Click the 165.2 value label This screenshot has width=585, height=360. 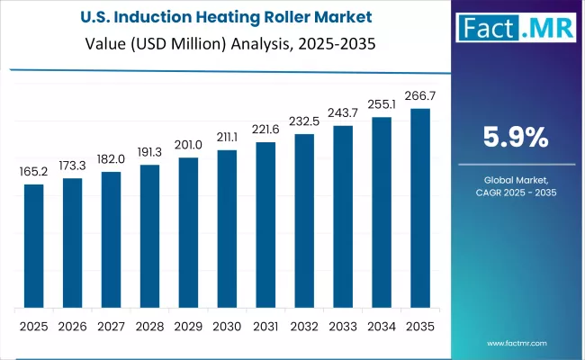click(33, 172)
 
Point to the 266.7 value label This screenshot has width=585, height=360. click(420, 96)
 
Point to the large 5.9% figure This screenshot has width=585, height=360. click(515, 137)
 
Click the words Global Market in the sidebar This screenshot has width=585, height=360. click(515, 181)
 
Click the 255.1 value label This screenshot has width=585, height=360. click(382, 103)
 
